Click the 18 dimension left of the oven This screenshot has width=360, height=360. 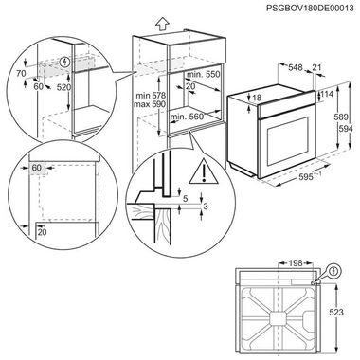click(x=257, y=98)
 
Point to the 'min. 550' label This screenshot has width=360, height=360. click(x=201, y=73)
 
